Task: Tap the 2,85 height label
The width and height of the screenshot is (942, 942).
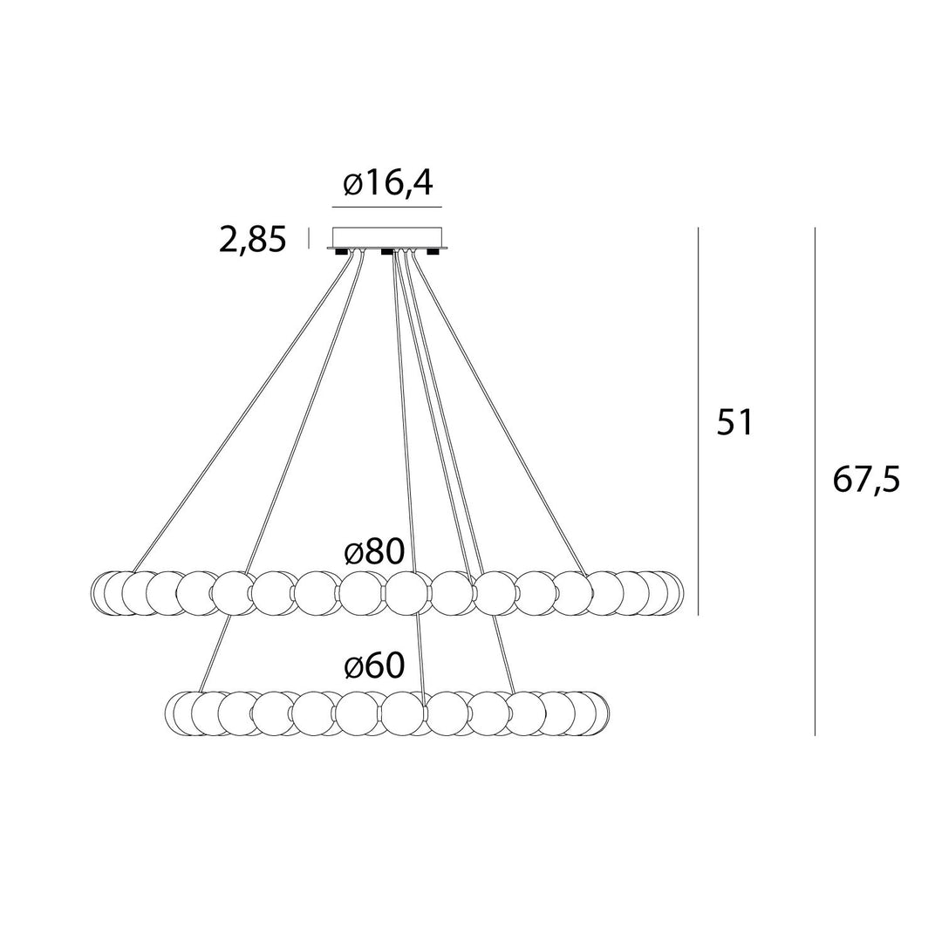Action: coord(252,241)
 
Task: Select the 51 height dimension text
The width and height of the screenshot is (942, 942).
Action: coord(734,422)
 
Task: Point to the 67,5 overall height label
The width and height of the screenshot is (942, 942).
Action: coord(866,480)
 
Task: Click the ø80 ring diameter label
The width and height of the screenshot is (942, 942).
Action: coord(374,551)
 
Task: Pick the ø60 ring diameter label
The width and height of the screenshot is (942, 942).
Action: coord(374,666)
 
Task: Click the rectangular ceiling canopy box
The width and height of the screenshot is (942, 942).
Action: coord(387,237)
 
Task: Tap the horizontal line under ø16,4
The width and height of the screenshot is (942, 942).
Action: coord(387,208)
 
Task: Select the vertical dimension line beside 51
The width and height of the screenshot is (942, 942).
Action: coord(698,421)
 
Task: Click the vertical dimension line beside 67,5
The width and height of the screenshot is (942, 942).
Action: coord(815,481)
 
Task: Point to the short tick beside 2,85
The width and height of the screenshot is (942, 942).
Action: coord(309,238)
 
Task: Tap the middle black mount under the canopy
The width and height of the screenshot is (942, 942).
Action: coord(387,251)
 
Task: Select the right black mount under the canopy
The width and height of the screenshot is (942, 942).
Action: coord(432,251)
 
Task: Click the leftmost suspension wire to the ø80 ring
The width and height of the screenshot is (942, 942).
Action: coord(240,412)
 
